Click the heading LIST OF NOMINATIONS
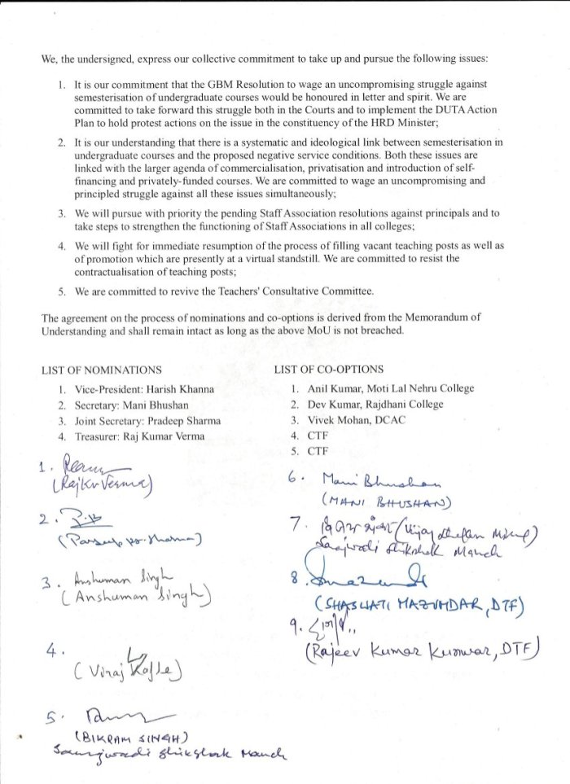[x=101, y=370]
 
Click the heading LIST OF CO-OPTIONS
[x=329, y=370]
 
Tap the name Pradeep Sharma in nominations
[x=181, y=421]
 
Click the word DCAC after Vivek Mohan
[x=389, y=421]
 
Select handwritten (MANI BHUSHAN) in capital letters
[x=375, y=501]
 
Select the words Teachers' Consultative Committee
[x=300, y=291]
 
